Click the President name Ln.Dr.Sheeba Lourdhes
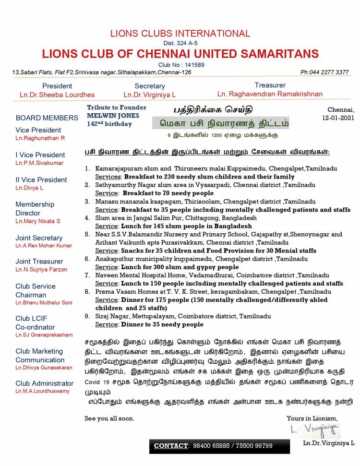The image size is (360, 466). (x=57, y=95)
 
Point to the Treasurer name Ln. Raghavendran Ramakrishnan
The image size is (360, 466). (x=270, y=94)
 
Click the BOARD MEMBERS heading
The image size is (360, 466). (x=47, y=118)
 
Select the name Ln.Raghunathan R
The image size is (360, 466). (x=40, y=138)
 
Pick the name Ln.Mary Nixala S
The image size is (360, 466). (x=38, y=221)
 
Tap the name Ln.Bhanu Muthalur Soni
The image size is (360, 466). (x=44, y=303)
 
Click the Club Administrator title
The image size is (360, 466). (x=44, y=383)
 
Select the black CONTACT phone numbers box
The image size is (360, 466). (x=219, y=446)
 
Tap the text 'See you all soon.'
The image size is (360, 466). (x=109, y=418)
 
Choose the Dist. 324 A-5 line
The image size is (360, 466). (x=180, y=43)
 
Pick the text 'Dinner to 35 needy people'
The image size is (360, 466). (x=162, y=324)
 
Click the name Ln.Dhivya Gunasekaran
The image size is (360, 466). (x=44, y=368)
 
